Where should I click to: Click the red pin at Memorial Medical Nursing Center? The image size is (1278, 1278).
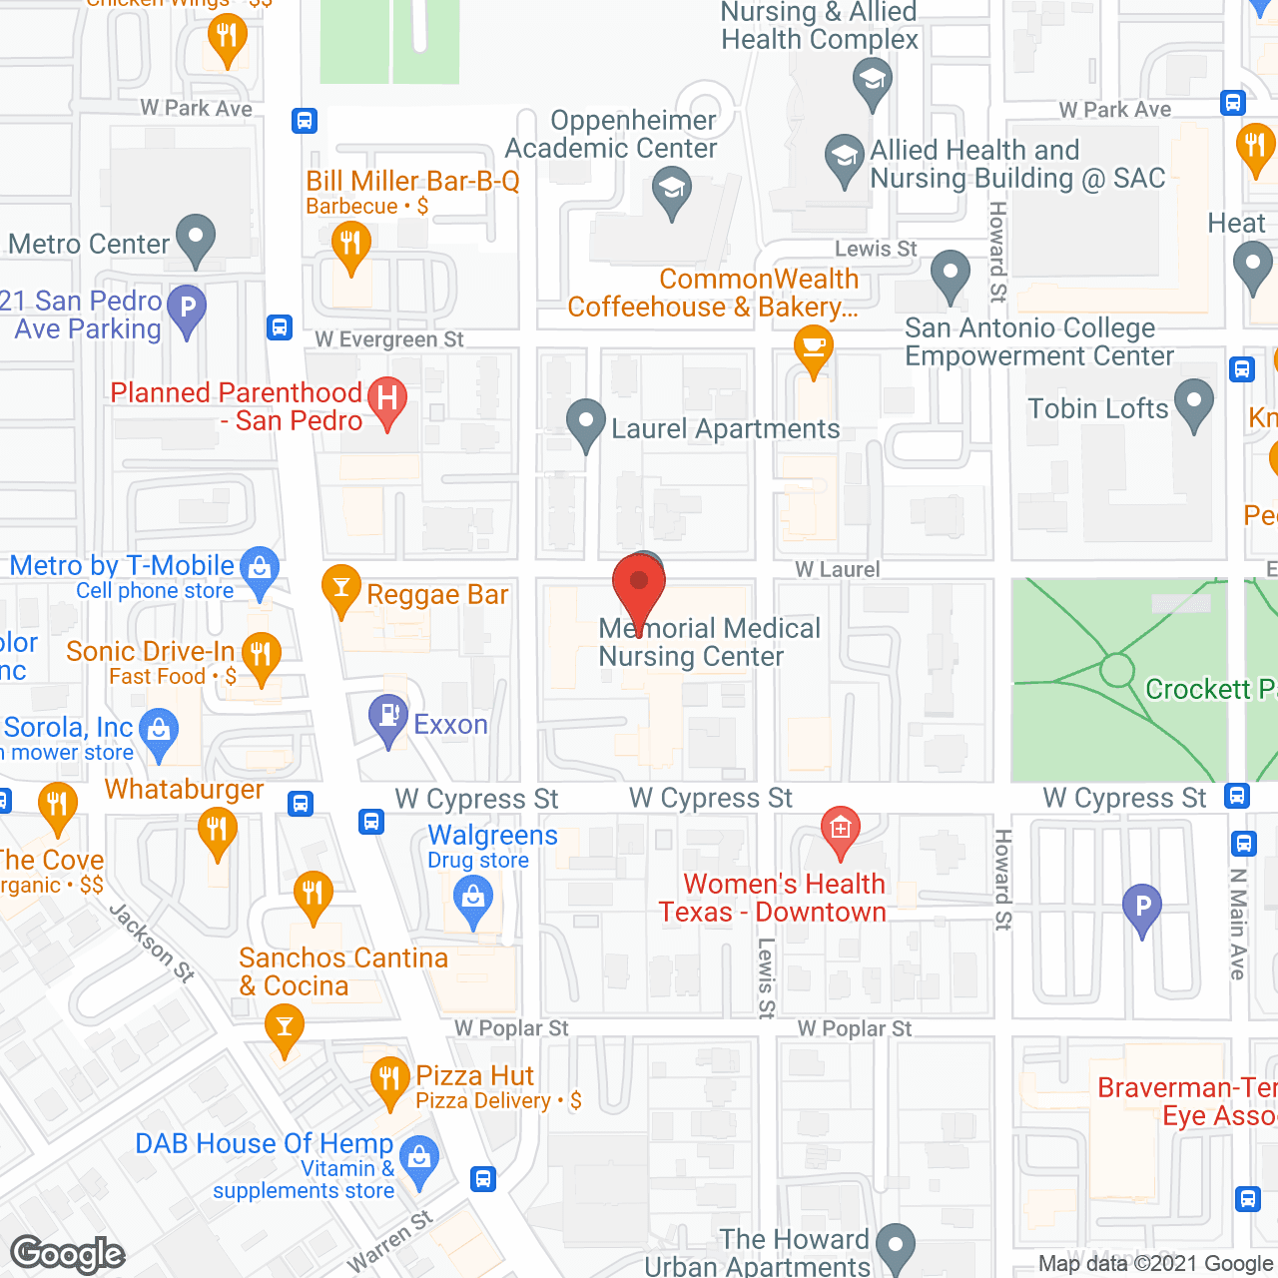639,584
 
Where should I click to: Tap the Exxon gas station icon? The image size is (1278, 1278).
388,716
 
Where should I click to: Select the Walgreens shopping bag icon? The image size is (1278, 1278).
473,897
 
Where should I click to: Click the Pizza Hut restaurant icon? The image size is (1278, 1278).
389,1078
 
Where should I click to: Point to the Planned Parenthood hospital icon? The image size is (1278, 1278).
387,398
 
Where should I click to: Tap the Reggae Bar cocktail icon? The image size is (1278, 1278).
341,587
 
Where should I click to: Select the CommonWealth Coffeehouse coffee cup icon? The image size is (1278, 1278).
814,347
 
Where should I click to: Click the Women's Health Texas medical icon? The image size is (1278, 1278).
841,828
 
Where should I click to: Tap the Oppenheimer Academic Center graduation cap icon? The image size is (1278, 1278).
672,188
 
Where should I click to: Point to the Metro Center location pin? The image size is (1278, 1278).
196,237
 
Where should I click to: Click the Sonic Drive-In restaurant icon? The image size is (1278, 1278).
261,655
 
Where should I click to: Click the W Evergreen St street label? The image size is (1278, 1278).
389,339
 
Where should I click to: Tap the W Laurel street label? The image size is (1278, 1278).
838,569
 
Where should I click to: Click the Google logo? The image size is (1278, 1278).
68,1254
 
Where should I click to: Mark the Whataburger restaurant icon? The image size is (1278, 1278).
217,829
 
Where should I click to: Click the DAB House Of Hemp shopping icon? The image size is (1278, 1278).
420,1158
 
